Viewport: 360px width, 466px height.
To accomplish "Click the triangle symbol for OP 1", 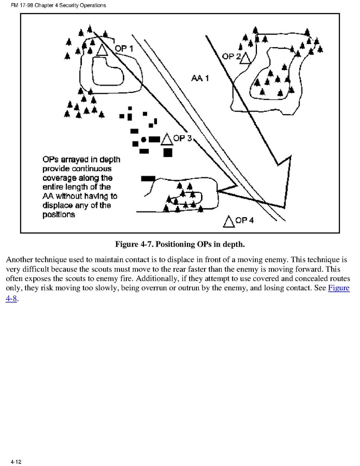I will [102, 50].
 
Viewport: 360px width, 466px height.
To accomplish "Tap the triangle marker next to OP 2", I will [246, 58].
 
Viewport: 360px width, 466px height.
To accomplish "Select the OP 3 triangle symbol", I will [167, 139].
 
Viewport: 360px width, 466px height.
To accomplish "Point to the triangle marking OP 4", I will [228, 221].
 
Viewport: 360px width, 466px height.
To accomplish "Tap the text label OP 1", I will [124, 48].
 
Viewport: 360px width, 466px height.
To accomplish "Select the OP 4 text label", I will [244, 220].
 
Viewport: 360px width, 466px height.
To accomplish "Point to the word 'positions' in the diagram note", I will [59, 214].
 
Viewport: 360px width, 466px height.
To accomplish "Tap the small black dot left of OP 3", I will [143, 140].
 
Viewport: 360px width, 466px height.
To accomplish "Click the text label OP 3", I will [183, 138].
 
